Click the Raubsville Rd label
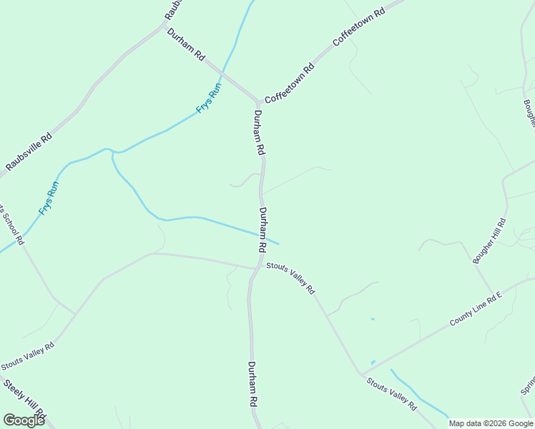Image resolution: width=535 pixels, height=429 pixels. pos(29,152)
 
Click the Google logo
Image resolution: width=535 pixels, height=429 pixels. pos(24,420)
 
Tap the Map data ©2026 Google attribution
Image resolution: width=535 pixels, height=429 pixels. pos(491,423)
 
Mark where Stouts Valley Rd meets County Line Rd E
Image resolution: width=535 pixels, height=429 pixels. pos(362,374)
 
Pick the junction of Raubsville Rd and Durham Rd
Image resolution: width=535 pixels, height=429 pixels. pos(164,26)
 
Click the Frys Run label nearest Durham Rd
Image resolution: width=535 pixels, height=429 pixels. pos(209,99)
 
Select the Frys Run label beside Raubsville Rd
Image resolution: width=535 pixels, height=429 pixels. pos(49,198)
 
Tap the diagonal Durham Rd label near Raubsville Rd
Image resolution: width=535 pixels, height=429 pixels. pos(186,44)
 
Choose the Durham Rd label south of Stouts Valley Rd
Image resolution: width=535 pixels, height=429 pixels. pos(252,385)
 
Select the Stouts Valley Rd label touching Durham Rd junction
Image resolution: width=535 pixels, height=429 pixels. pos(290,278)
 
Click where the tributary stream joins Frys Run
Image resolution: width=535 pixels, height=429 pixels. pos(112,151)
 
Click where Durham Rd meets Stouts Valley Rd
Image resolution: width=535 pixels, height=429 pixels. pos(256,269)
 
